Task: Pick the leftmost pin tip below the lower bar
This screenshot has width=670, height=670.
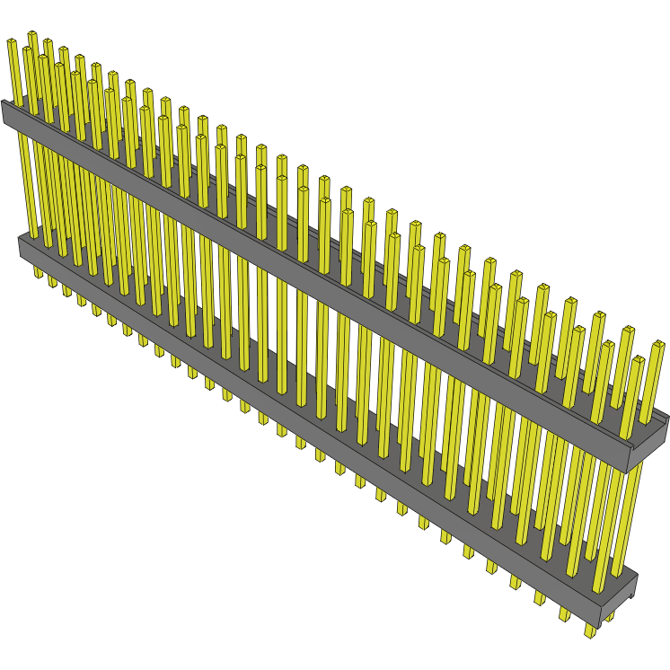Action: coord(38,272)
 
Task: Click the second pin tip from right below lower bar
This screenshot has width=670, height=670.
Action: coord(565,616)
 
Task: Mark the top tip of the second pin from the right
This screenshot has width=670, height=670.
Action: coord(639,361)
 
